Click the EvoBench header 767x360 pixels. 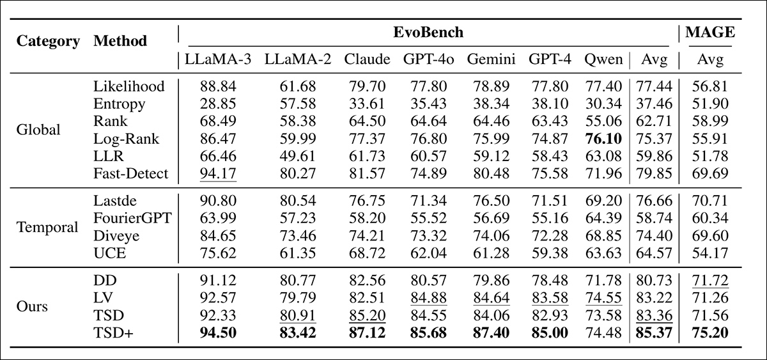(428, 32)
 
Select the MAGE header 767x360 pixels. (710, 32)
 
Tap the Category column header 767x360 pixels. (48, 42)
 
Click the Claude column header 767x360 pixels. (367, 59)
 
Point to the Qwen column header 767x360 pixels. (603, 59)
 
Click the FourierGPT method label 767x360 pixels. (132, 219)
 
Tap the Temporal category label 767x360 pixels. (47, 226)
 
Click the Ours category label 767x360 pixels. (33, 306)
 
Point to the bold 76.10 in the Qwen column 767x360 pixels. (603, 138)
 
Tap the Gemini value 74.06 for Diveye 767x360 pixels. (491, 236)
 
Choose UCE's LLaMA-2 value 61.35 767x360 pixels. (298, 253)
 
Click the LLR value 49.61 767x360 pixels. (298, 156)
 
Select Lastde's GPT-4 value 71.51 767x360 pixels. (549, 201)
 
